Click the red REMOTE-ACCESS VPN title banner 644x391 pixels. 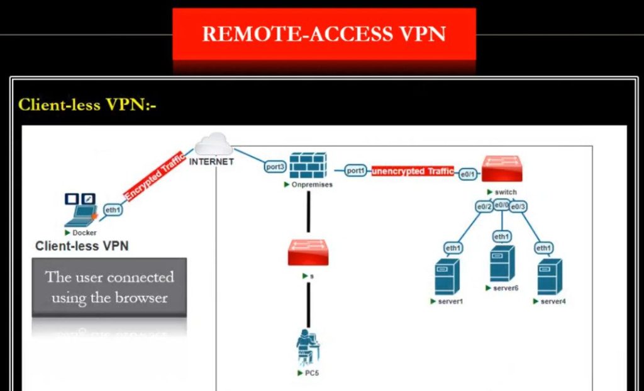[324, 34]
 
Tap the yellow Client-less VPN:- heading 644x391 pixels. [87, 105]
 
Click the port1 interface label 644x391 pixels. [356, 171]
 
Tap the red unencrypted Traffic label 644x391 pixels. [413, 171]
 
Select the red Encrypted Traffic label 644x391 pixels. [155, 176]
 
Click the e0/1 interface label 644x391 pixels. [468, 173]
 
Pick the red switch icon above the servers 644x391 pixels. [502, 169]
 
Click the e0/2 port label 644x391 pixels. [484, 207]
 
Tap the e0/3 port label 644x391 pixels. [518, 207]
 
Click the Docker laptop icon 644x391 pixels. [80, 210]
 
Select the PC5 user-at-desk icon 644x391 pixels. [308, 347]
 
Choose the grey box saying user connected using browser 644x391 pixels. [109, 286]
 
